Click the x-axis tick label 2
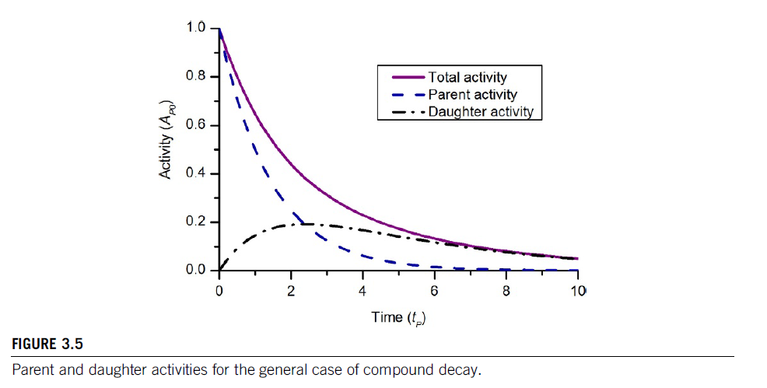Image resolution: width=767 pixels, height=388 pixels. click(291, 292)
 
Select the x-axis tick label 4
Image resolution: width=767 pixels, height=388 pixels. click(362, 292)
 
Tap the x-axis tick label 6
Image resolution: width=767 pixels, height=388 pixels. click(434, 292)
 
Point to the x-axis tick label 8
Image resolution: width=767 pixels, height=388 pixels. click(506, 292)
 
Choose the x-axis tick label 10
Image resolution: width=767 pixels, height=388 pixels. click(577, 292)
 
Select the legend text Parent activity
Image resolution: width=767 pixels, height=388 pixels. click(472, 95)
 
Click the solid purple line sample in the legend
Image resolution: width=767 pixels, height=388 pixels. click(402, 78)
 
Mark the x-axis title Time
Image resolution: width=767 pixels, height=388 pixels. click(387, 316)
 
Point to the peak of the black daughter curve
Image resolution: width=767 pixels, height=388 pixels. click(302, 224)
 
